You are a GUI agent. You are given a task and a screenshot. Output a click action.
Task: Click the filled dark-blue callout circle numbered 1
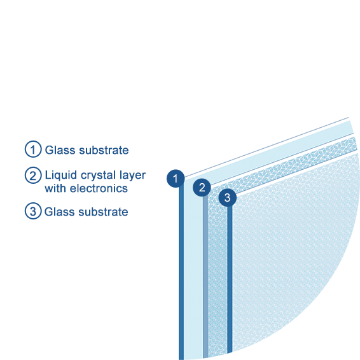(x=176, y=178)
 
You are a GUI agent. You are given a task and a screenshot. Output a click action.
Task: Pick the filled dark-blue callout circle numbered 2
(x=202, y=188)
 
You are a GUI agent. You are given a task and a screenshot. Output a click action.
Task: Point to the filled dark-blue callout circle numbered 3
(x=227, y=197)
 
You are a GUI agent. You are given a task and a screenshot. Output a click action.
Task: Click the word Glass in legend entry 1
(x=60, y=150)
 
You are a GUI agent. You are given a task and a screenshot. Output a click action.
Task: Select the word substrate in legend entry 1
(x=104, y=150)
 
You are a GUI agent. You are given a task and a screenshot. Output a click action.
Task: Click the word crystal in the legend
(x=98, y=176)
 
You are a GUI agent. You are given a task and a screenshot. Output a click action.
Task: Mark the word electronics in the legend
(x=99, y=188)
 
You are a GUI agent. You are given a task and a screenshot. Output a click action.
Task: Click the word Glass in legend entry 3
(x=59, y=212)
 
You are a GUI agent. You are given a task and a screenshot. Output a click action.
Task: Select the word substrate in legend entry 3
(x=103, y=212)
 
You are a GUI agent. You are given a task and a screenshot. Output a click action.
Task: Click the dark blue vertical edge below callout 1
(x=181, y=273)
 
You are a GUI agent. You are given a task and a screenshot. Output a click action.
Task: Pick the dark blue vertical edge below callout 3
(x=230, y=279)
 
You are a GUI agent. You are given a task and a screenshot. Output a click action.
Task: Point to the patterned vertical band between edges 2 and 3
(x=218, y=275)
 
